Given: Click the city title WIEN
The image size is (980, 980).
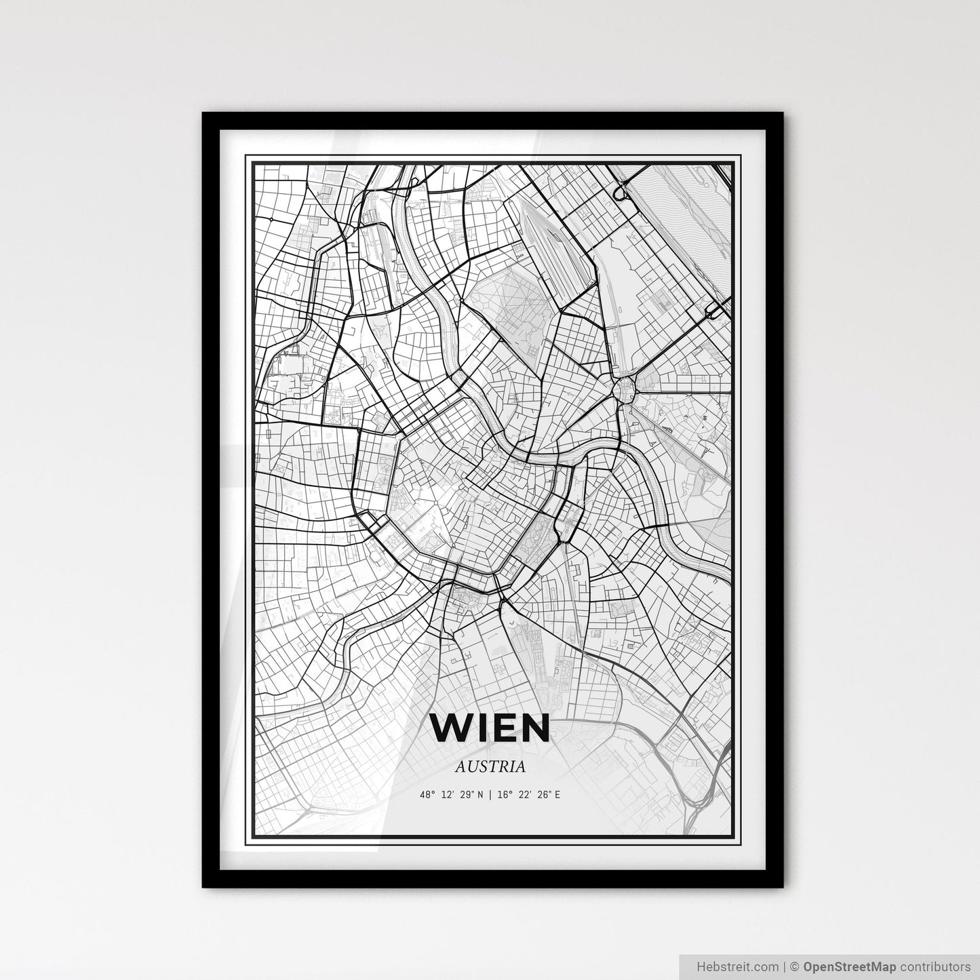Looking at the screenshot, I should click(490, 728).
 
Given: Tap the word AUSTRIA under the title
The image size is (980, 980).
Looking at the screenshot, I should click(490, 767).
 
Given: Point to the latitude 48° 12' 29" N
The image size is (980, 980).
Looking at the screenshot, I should click(451, 795).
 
